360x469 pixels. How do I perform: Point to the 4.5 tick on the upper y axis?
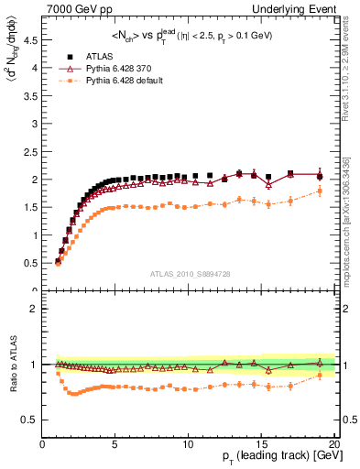click(33, 40)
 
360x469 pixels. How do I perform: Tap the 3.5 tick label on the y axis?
click(33, 96)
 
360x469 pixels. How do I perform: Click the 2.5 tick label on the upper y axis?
click(33, 152)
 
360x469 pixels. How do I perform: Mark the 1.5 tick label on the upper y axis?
click(33, 208)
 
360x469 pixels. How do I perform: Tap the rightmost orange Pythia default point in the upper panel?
click(320, 191)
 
